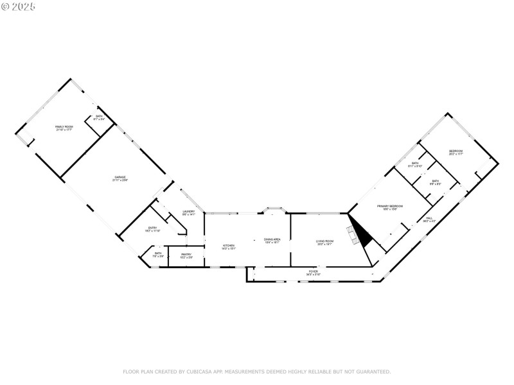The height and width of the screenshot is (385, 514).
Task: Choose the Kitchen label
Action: pyautogui.click(x=229, y=246)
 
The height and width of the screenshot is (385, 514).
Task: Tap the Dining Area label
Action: pyautogui.click(x=272, y=241)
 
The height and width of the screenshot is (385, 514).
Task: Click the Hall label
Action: pyautogui.click(x=429, y=219)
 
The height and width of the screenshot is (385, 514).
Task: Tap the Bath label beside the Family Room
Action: pyautogui.click(x=99, y=117)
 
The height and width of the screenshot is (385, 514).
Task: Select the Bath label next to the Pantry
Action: pyautogui.click(x=158, y=255)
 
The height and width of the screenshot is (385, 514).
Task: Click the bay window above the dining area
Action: pyautogui.click(x=275, y=209)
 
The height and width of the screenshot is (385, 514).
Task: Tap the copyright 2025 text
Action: pyautogui.click(x=19, y=6)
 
